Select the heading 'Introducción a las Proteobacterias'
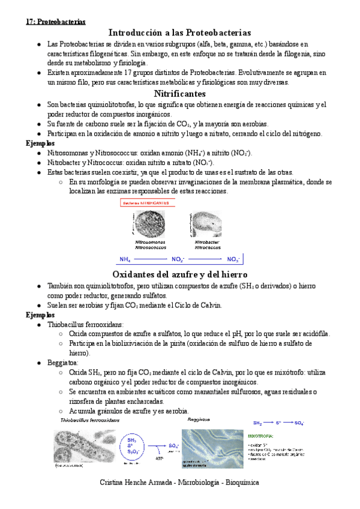pos(180,32)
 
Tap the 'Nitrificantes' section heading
pos(180,94)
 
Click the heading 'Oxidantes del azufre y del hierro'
pos(180,274)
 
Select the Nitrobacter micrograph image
pos(205,223)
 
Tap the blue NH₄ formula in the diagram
pos(125,259)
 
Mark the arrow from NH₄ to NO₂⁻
pos(151,259)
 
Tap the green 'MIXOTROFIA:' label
pos(263,436)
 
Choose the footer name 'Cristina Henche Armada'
pos(136,482)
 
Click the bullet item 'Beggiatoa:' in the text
pos(63,363)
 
